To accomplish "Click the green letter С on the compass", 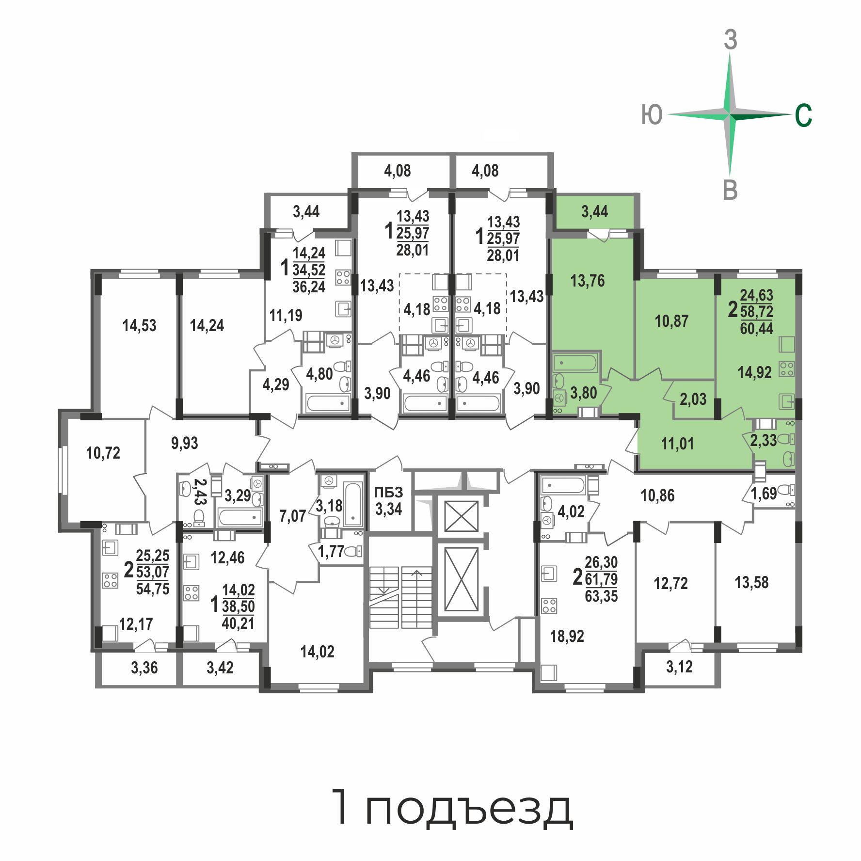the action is (803, 115).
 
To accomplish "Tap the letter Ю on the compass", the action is (652, 115).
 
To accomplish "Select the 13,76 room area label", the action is (588, 281).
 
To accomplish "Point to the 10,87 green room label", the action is (671, 321).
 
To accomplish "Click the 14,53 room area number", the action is (140, 325).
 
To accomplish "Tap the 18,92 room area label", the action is (567, 636).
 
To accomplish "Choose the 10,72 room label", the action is (103, 453).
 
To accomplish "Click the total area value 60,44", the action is (757, 328).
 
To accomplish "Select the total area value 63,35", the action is (601, 596).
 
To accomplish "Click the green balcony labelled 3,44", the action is (595, 211).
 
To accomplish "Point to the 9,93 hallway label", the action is (185, 443).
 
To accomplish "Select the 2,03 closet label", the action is (693, 399).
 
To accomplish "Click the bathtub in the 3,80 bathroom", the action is (575, 363).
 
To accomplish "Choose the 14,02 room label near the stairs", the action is (318, 652).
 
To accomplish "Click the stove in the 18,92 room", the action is (549, 606).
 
